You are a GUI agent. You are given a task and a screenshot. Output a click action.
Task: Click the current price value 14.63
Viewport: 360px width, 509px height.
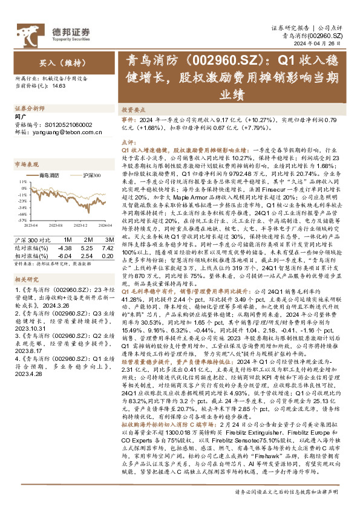[59, 86]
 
